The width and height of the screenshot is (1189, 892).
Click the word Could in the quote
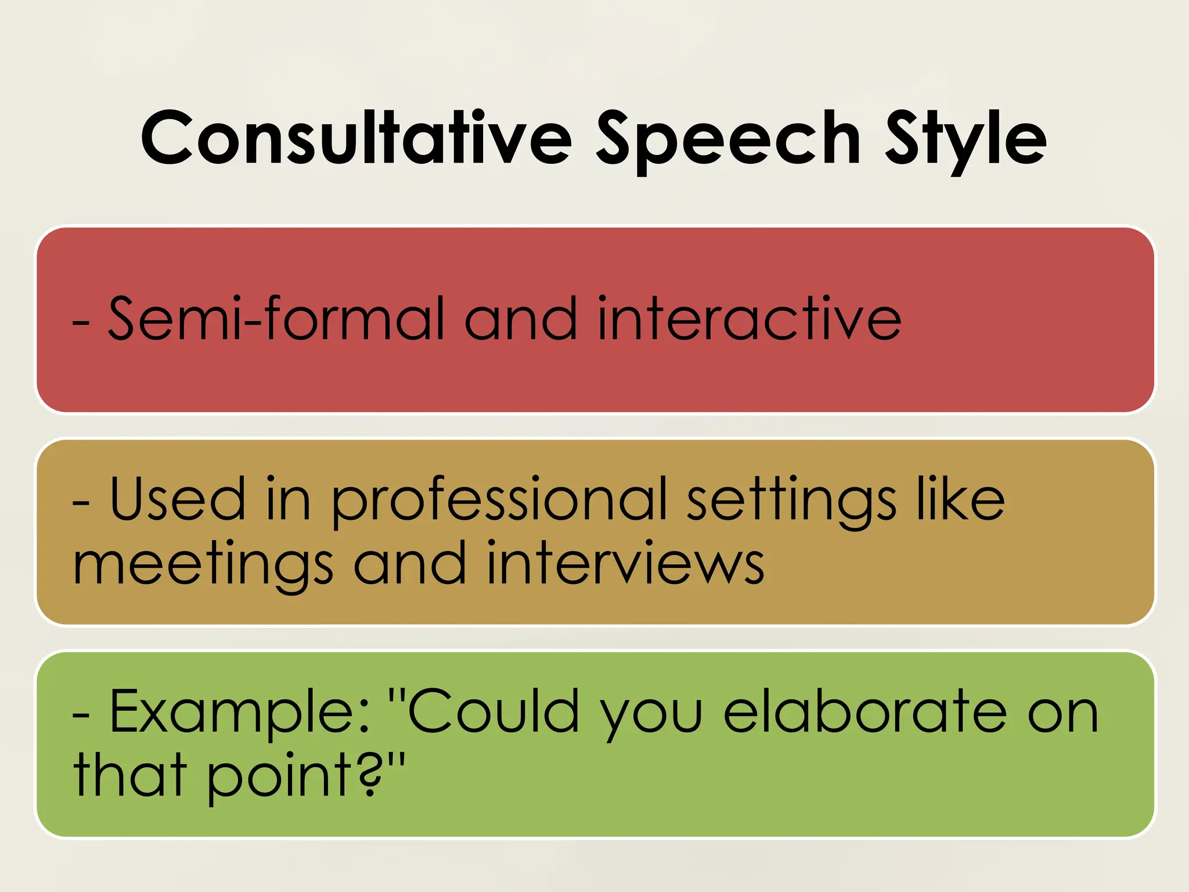pos(493,711)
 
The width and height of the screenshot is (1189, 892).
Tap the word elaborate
pos(865,711)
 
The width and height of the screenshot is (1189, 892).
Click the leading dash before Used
pos(81,502)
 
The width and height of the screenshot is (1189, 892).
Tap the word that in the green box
pos(130,775)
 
